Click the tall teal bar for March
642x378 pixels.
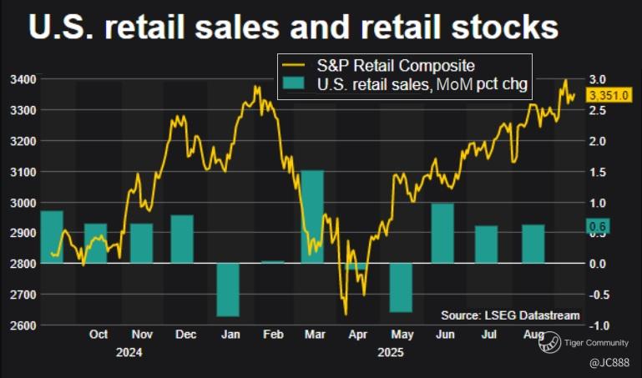[312, 217]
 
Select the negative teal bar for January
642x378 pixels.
[228, 290]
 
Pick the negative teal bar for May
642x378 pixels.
[401, 288]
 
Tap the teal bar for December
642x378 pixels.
[182, 239]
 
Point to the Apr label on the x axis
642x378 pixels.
[357, 335]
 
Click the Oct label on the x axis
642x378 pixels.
[98, 335]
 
